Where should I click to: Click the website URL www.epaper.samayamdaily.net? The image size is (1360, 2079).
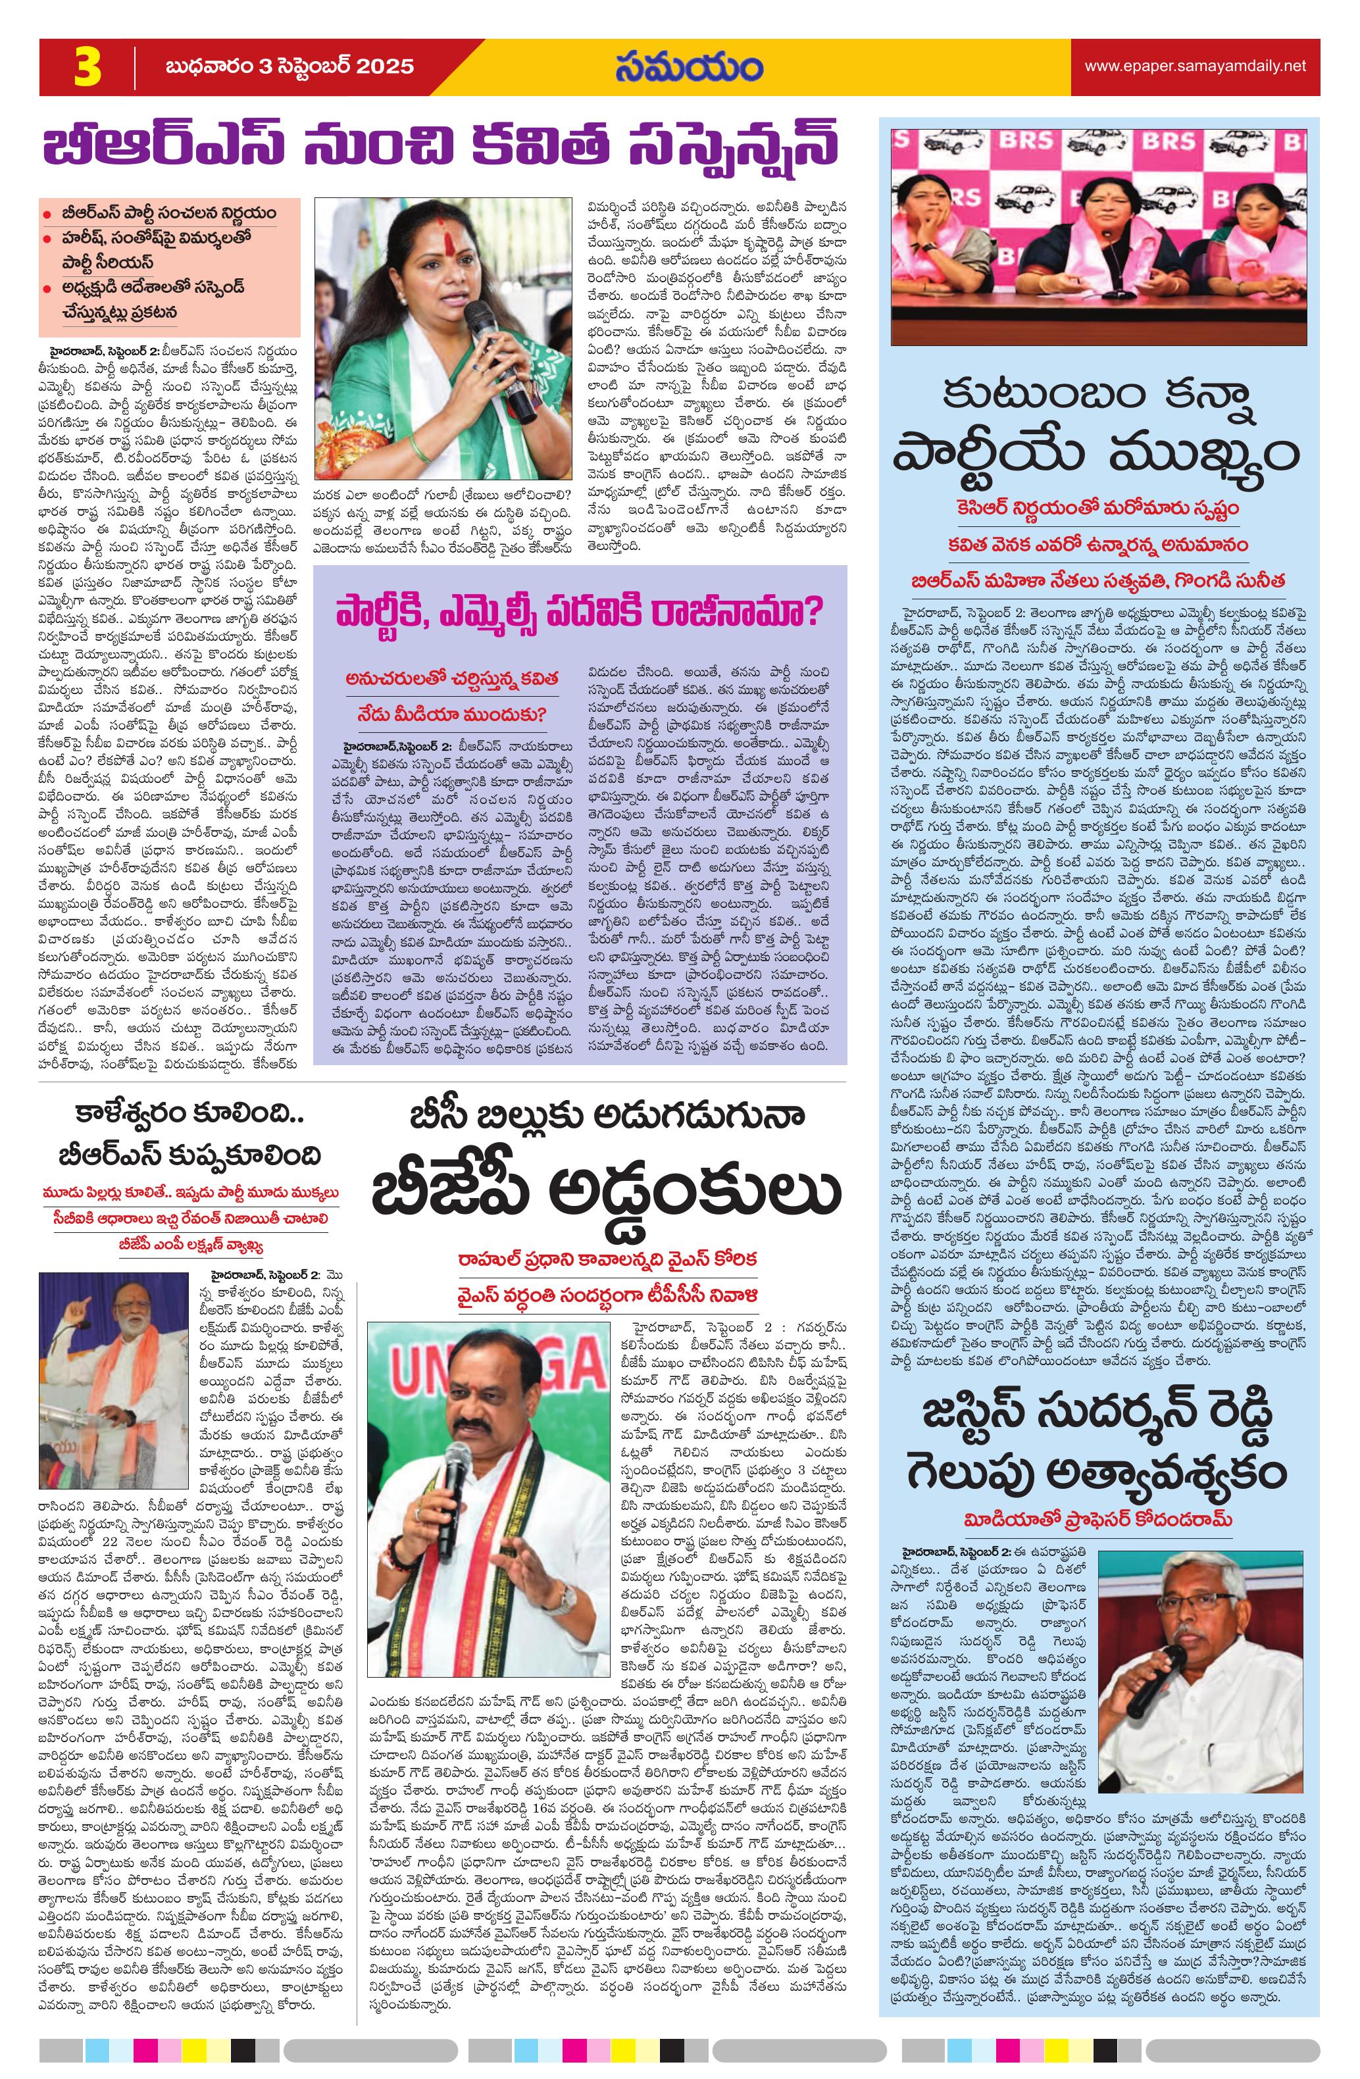click(x=1195, y=66)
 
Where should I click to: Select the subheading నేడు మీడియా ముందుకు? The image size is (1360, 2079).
click(x=451, y=714)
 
